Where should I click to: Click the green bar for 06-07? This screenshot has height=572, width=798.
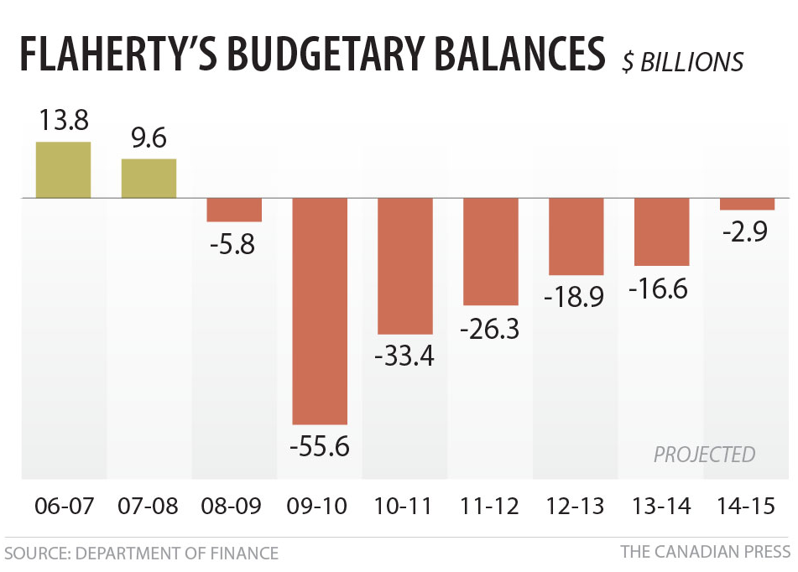pos(63,169)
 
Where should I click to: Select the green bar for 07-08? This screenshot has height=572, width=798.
pos(149,178)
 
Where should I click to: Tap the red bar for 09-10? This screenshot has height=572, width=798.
pos(319,310)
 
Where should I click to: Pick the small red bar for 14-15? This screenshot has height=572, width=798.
pos(747,204)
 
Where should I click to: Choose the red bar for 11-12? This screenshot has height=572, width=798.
pos(490,251)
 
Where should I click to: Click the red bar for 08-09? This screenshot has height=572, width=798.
pos(234,210)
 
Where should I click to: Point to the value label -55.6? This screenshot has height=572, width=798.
pos(319,446)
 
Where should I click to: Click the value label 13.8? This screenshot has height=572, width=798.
pos(63,120)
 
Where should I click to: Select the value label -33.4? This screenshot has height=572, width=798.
pos(404,356)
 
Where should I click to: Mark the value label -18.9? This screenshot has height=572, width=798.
pos(576,297)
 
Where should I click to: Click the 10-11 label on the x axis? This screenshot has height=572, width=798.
pos(404,507)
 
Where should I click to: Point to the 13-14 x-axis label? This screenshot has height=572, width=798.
pos(660,507)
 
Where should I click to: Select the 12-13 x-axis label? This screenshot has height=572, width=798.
pos(575,507)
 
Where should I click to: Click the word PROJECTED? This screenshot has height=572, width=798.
pos(704,455)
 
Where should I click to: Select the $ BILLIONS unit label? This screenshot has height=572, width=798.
pos(682,61)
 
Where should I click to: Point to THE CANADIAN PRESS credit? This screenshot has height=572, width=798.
pos(705,552)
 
